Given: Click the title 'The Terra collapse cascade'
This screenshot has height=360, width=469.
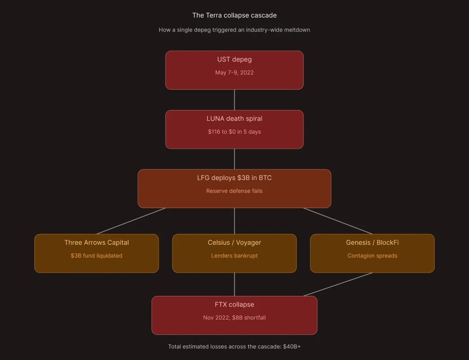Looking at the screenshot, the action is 234,15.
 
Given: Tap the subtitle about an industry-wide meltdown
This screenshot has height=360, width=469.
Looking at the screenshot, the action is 234,30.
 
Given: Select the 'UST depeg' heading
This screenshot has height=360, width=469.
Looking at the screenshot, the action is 234,59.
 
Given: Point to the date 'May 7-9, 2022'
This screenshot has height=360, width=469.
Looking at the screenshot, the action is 234,72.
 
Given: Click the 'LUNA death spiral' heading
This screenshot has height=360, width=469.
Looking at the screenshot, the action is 234,119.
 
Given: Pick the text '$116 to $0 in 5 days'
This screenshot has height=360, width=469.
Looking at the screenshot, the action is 234,132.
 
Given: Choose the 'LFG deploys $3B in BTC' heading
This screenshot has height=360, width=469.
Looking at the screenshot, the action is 234,178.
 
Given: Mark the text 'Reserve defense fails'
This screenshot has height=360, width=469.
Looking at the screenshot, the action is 234,191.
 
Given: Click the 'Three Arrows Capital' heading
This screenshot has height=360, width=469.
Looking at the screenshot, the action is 97,242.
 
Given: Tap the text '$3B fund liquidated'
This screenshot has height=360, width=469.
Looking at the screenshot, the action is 97,255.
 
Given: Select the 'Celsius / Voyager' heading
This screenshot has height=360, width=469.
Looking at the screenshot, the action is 234,242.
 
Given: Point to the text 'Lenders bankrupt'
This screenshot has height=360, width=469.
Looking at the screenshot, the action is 234,255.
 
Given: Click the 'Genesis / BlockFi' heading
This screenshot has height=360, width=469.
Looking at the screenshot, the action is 372,242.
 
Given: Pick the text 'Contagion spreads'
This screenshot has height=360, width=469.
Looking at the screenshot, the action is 372,255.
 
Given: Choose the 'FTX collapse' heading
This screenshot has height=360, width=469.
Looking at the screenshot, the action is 234,305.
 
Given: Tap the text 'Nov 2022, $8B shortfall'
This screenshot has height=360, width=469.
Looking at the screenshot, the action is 234,318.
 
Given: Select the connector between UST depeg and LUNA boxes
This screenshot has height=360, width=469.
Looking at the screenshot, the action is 234,100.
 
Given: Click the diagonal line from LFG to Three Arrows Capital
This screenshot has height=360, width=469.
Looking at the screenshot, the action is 131,221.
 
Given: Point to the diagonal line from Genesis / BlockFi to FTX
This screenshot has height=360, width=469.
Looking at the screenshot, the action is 338,284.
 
